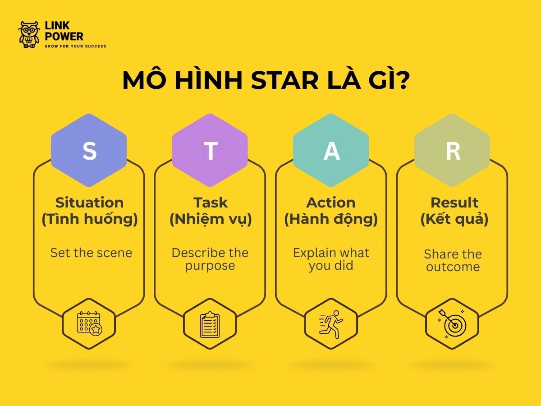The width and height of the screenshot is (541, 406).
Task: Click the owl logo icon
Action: pyautogui.click(x=29, y=35)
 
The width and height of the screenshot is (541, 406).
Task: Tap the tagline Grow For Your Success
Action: pyautogui.click(x=75, y=46)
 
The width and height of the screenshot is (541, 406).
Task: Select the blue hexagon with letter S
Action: pyautogui.click(x=89, y=151)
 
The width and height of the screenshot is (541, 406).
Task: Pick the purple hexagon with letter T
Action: pyautogui.click(x=210, y=151)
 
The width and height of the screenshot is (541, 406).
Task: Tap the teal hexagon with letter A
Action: pyautogui.click(x=331, y=151)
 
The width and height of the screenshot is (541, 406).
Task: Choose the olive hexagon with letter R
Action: pyautogui.click(x=452, y=151)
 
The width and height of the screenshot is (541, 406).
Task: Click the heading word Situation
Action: pyautogui.click(x=89, y=202)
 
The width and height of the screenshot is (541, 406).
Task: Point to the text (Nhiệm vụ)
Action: pyautogui.click(x=211, y=220)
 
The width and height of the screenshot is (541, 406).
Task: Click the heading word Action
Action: pyautogui.click(x=331, y=202)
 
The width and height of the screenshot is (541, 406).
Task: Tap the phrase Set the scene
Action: pyautogui.click(x=91, y=253)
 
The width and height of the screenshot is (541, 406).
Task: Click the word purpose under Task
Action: pyautogui.click(x=210, y=266)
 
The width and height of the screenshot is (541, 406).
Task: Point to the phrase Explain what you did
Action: pyautogui.click(x=331, y=259)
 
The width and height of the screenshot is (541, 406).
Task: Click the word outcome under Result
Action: pyautogui.click(x=453, y=267)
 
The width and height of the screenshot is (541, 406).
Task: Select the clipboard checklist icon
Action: pyautogui.click(x=210, y=324)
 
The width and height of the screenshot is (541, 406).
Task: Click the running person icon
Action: pyautogui.click(x=331, y=324)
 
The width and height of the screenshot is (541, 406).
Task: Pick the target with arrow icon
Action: pyautogui.click(x=452, y=324)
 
